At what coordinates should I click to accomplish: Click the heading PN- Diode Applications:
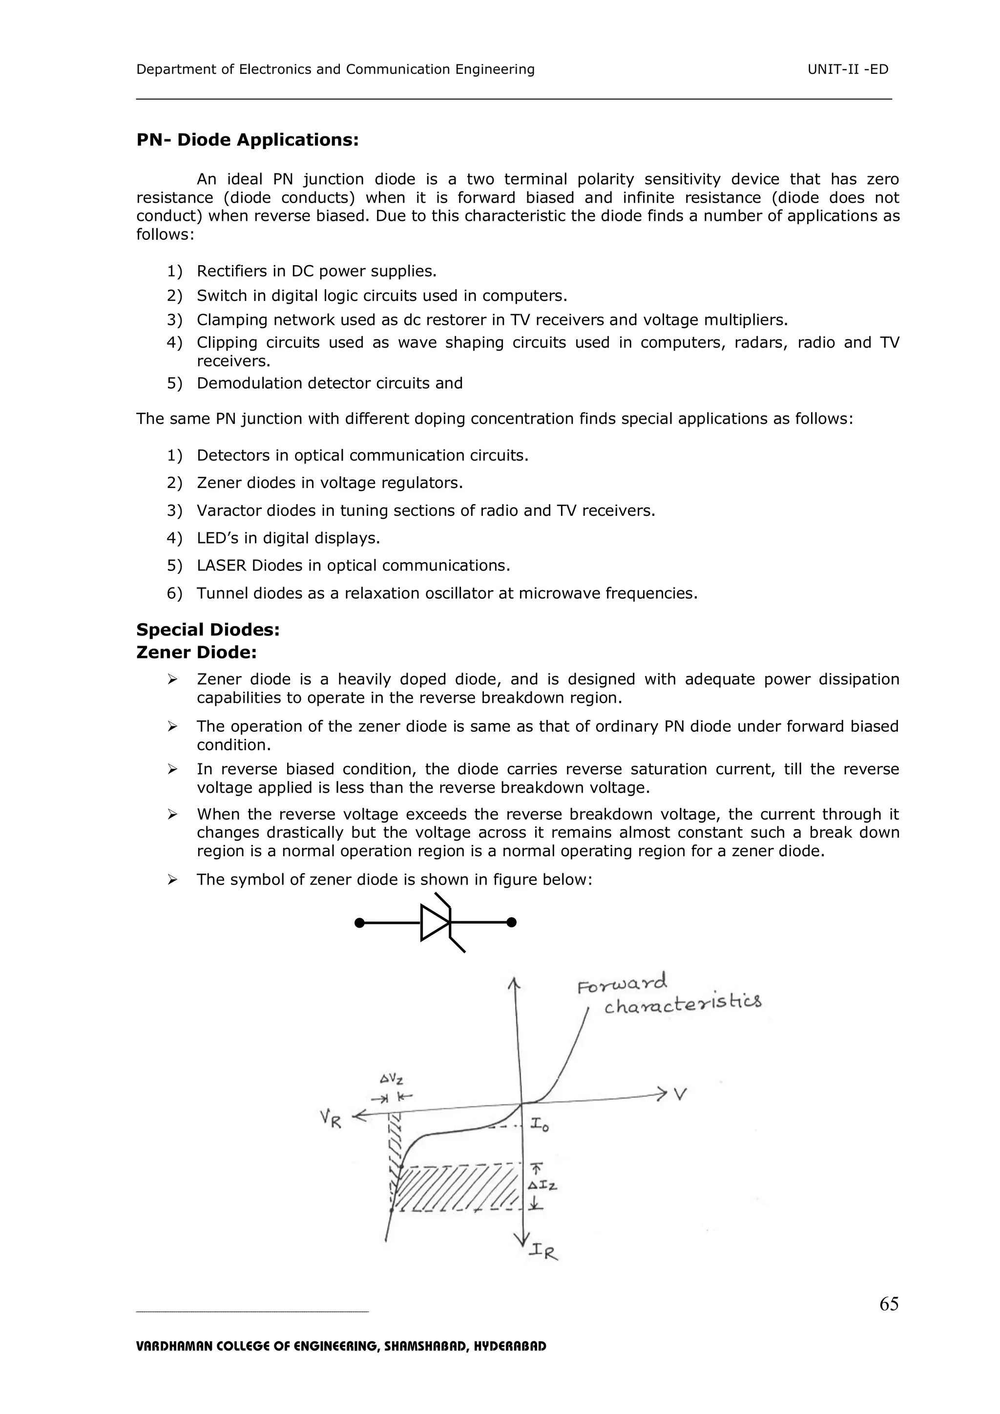(247, 140)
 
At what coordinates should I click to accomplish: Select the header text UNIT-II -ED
(848, 69)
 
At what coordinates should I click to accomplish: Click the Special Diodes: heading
(208, 630)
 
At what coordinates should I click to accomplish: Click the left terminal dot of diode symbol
(359, 923)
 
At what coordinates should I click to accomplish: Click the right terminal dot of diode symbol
(511, 923)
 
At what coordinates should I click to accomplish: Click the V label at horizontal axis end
(680, 1095)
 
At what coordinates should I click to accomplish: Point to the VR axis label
(331, 1119)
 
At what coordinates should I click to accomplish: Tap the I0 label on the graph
(540, 1125)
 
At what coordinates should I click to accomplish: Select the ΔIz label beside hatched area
(544, 1185)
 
